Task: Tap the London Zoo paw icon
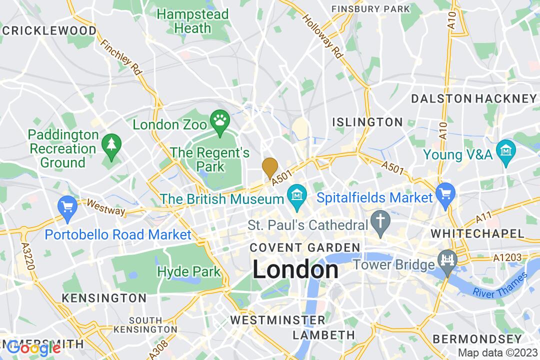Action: (x=220, y=119)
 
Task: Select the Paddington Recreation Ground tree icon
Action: (x=108, y=144)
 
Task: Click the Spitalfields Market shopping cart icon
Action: (x=443, y=191)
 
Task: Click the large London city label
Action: (x=295, y=270)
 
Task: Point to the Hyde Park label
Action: (x=188, y=272)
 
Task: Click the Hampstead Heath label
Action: (x=193, y=21)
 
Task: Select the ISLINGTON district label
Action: (x=368, y=122)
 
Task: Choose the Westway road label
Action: (x=105, y=207)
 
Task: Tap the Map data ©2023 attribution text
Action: (x=497, y=352)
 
